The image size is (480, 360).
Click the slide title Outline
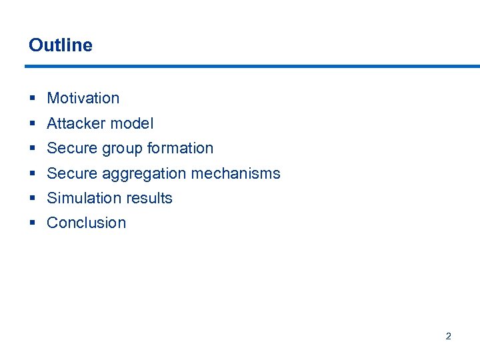[x=61, y=45]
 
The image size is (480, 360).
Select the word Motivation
[x=83, y=98]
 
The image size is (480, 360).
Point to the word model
[x=132, y=123]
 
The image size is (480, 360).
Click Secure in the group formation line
[x=71, y=148]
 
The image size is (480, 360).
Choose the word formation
[x=180, y=148]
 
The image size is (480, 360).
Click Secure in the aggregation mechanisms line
[x=71, y=173]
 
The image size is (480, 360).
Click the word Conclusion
[x=86, y=223]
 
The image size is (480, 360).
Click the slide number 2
[x=448, y=336]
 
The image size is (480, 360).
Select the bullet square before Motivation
[x=33, y=99]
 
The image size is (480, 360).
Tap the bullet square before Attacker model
[x=33, y=124]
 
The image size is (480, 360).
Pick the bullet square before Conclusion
[x=33, y=223]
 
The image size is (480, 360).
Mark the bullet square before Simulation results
[x=33, y=199]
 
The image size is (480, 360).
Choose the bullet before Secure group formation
[x=33, y=149]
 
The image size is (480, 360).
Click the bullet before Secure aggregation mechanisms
[x=33, y=174]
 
